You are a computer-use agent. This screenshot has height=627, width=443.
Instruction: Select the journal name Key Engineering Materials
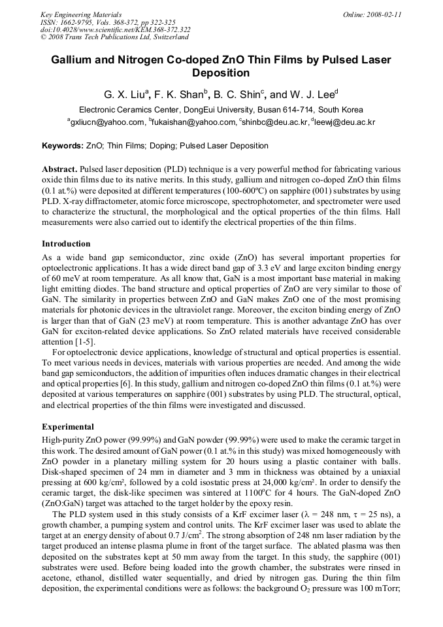coord(81,14)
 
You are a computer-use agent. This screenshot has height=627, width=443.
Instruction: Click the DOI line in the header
coord(115,29)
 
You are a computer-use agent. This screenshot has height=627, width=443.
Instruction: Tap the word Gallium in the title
coord(73,60)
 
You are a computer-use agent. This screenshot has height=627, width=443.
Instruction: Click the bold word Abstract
coord(60,169)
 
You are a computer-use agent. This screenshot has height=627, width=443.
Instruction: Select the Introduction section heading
coord(66,244)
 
